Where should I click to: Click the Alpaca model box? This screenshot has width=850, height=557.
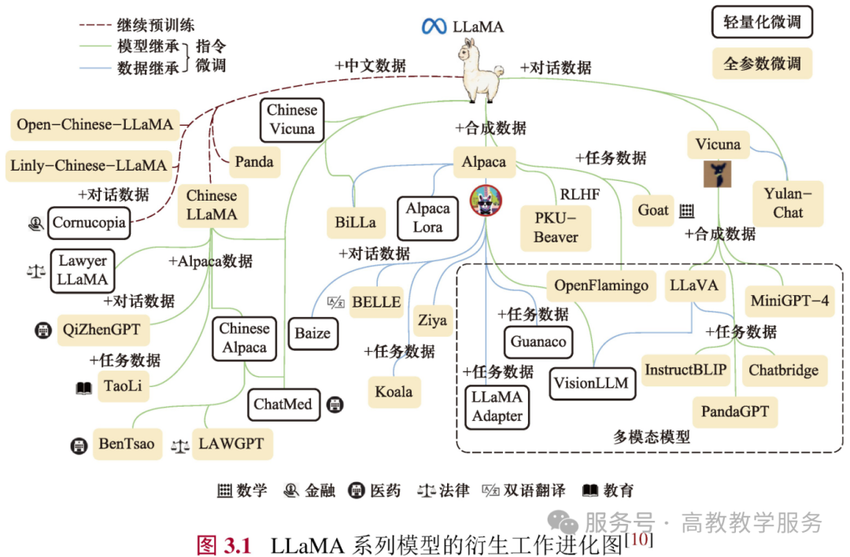pos(484,162)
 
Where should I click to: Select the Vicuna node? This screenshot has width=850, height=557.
pos(719,145)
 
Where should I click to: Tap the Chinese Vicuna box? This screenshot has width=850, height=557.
pos(292,120)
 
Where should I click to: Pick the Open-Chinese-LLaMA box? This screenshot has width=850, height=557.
pos(95,124)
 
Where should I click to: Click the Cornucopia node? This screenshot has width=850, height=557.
pos(89,223)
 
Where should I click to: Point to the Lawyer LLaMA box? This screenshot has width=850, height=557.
pos(83,271)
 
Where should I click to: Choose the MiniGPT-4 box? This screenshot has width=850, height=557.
pos(789,301)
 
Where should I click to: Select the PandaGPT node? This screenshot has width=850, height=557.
pos(735,411)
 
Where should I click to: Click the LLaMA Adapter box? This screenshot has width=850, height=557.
pos(497,407)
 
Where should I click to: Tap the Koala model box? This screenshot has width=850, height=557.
pos(394,392)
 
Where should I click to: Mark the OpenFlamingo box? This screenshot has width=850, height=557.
pos(601,286)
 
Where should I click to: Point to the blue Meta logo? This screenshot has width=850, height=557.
pos(434,26)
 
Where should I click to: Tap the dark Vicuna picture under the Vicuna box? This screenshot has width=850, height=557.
pos(717,174)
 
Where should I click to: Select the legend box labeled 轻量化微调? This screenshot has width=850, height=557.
pos(762,22)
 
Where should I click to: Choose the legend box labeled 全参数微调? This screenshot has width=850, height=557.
pos(762,64)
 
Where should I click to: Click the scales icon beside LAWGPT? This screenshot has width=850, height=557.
pos(180,446)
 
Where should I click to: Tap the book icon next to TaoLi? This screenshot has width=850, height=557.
pos(83,388)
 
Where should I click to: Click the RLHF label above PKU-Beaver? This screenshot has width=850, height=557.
pos(580,194)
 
